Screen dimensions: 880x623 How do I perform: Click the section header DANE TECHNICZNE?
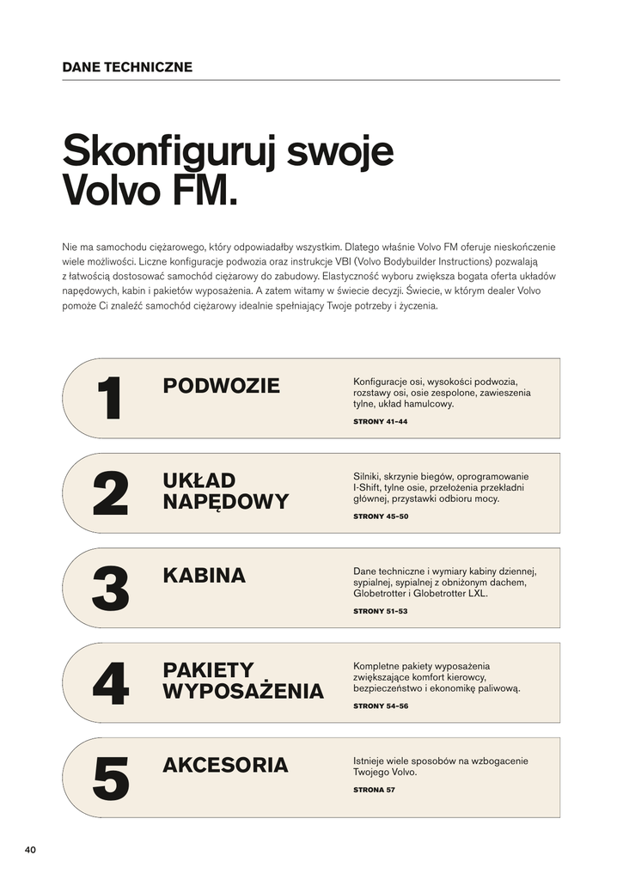127,67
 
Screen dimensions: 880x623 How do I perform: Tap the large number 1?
110,399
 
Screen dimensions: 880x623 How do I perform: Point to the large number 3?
110,589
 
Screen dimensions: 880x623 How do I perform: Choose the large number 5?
110,778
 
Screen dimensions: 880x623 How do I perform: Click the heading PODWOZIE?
221,386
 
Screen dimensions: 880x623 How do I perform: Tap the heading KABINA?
204,576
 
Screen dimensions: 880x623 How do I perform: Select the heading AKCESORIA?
225,765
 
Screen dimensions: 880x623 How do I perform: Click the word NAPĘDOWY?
226,502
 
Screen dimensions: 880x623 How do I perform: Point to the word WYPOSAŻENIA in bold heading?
243,692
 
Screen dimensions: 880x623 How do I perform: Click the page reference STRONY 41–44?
380,422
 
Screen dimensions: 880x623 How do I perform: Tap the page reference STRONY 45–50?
381,516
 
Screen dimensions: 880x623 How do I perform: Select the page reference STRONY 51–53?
380,611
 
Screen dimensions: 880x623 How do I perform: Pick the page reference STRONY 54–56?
381,706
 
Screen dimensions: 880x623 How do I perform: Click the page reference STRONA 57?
374,790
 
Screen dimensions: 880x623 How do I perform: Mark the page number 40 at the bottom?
30,850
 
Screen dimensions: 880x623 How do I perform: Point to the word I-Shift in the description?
368,487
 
